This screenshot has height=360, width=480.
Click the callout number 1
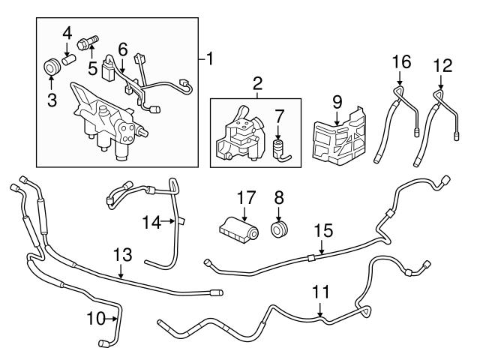pyautogui.click(x=211, y=58)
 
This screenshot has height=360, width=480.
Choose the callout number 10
pyautogui.click(x=94, y=319)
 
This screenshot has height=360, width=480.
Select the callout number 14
pyautogui.click(x=152, y=221)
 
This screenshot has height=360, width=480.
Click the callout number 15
pyautogui.click(x=322, y=229)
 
